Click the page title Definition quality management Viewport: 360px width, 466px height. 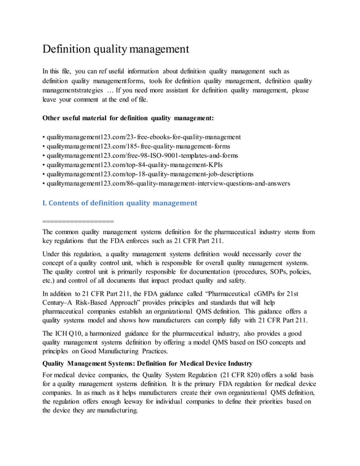(116, 49)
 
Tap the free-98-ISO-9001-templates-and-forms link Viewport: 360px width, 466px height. (142, 155)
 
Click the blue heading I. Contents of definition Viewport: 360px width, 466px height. (120, 203)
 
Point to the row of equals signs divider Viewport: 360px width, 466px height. (78, 220)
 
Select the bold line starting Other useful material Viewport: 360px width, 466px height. (128, 118)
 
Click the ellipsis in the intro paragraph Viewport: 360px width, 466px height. (109, 90)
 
